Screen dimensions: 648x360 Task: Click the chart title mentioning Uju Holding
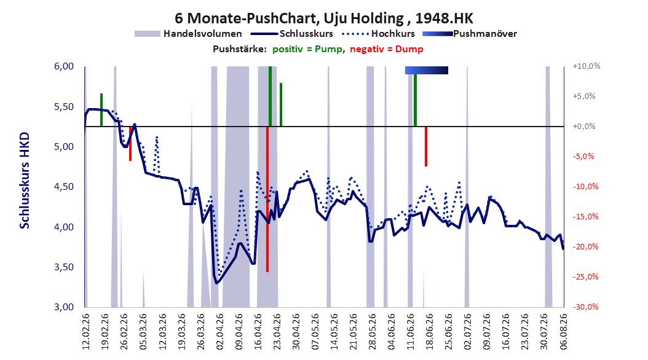[x=323, y=18]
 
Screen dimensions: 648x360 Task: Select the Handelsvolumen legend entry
[x=188, y=34]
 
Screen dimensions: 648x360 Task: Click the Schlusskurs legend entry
[x=292, y=34]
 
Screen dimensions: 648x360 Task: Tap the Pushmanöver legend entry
[x=470, y=34]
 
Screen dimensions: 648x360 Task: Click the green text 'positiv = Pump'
[x=307, y=49]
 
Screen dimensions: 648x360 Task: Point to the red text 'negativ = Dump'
[x=387, y=49]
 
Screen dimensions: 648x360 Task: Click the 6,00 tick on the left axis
[x=64, y=66]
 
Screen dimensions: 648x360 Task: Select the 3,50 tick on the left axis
[x=64, y=267]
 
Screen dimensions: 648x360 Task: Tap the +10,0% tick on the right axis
[x=587, y=66]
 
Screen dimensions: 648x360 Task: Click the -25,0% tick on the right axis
[x=585, y=276]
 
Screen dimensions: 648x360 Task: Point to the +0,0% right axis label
[x=584, y=127]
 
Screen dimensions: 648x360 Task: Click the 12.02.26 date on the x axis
[x=86, y=332]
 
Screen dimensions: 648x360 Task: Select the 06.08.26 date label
[x=563, y=332]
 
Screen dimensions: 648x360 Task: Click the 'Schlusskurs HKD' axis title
[x=25, y=181]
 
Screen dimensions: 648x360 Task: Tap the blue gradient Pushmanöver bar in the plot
[x=427, y=70]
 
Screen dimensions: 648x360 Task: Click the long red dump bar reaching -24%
[x=267, y=199]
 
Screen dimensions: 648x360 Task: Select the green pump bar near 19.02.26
[x=101, y=110]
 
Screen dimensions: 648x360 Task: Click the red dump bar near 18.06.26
[x=426, y=146]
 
